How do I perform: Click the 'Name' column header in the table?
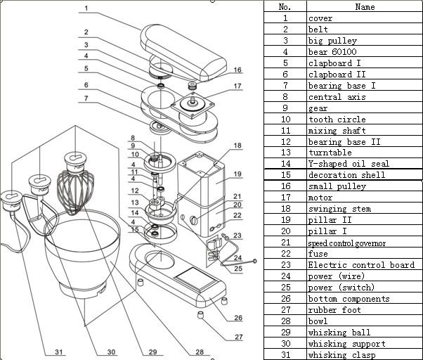pos(365,7)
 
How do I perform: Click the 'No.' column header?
pos(285,7)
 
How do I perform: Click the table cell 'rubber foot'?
pos(332,310)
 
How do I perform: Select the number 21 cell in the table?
pos(285,243)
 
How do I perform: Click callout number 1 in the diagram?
pos(86,8)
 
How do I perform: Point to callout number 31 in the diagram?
pos(58,352)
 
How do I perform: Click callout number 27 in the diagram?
pos(238,337)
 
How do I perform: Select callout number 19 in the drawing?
pos(237,174)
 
